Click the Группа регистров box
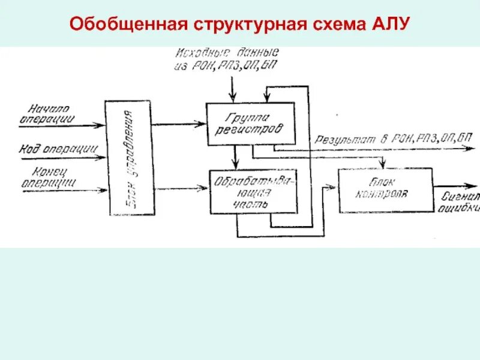[x=250, y=124]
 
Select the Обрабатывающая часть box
[x=253, y=191]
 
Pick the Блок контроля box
[x=385, y=190]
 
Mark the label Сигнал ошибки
[x=460, y=202]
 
